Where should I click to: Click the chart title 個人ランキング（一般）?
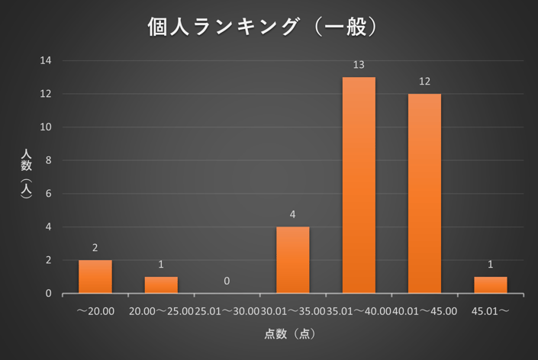[x=264, y=27]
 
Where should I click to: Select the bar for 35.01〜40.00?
[x=359, y=185]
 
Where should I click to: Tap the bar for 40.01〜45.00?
[x=424, y=194]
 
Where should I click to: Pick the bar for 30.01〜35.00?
[x=292, y=260]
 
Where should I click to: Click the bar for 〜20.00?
[x=95, y=277]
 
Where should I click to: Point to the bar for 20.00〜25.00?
[x=161, y=285]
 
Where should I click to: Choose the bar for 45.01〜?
[x=490, y=285]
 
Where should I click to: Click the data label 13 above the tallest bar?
[x=359, y=66]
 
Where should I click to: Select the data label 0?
[x=227, y=281]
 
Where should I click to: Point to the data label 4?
[x=292, y=215]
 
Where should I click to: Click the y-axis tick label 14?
[x=47, y=60]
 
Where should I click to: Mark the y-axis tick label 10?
[x=47, y=127]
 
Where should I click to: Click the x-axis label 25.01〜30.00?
[x=227, y=311]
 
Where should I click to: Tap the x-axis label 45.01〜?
[x=490, y=311]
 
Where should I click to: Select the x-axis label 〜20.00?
[x=95, y=311]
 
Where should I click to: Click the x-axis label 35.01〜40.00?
[x=359, y=311]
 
